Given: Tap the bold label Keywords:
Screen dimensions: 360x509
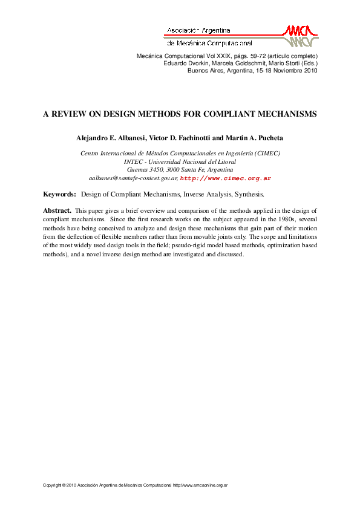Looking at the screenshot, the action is point(59,195).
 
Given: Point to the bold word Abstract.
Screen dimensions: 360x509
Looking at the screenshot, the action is point(57,210).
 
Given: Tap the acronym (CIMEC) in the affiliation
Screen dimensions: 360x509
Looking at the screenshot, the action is point(266,154).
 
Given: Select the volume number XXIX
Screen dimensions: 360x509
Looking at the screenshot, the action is point(224,56).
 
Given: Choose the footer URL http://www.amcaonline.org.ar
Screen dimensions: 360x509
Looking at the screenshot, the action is point(200,485).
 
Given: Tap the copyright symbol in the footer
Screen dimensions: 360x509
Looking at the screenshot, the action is point(64,485).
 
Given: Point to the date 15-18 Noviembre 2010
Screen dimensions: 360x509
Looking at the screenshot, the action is point(286,70).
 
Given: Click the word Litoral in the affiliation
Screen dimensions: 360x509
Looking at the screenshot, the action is point(224,162).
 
